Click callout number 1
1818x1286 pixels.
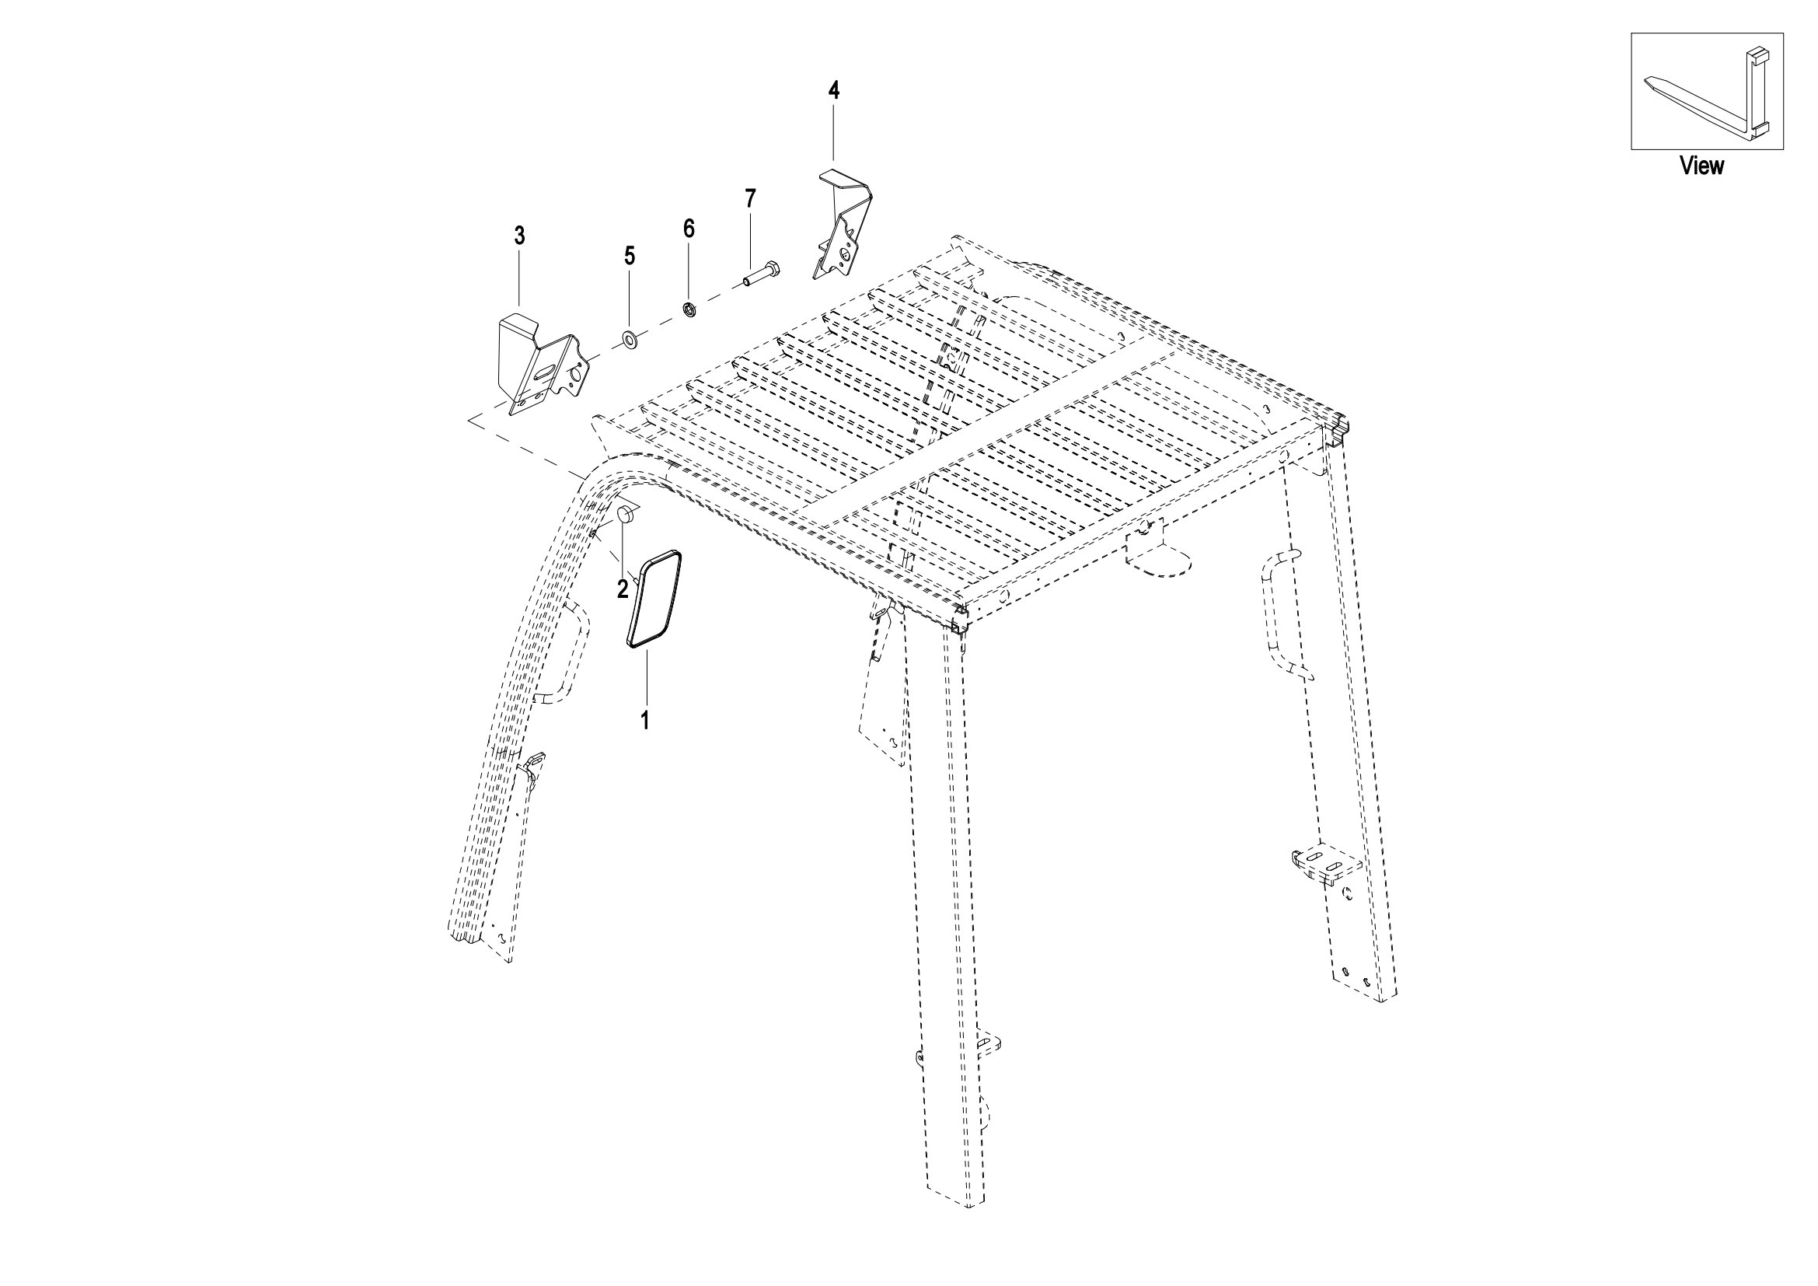(645, 720)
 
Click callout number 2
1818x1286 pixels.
(623, 589)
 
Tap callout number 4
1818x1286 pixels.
(833, 90)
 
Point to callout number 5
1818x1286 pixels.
(630, 255)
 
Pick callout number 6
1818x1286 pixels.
(689, 229)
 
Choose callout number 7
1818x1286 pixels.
(751, 198)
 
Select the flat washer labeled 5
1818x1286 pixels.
(632, 342)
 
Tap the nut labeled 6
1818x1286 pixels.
(689, 309)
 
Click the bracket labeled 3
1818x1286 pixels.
(544, 364)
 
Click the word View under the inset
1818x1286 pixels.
(1701, 166)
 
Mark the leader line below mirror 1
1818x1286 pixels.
(645, 677)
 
